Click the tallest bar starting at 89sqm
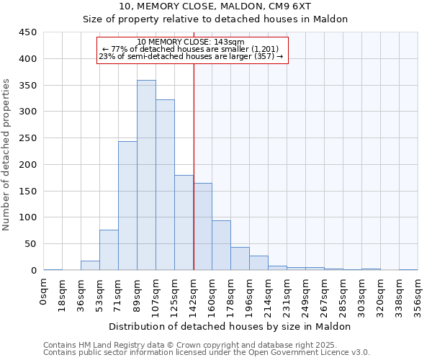point(146,175)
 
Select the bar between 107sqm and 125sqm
point(165,185)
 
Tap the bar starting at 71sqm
point(127,206)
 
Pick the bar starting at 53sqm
point(109,250)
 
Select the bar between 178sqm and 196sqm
point(240,258)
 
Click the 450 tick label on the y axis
point(28,32)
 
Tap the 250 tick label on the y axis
point(28,138)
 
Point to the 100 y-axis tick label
point(28,217)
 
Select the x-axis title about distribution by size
point(230,326)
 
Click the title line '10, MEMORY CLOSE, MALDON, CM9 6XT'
point(215,6)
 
